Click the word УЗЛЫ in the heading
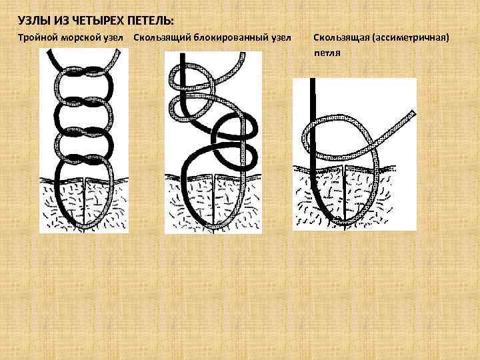pos(34,21)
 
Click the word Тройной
pos(37,38)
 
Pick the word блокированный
pos(231,38)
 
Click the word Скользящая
pos(341,38)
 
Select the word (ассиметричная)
pos(411,38)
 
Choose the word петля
pos(327,53)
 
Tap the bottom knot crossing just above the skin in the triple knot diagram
pos(84,159)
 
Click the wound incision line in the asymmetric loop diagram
pos(345,197)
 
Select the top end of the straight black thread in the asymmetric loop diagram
pos(313,79)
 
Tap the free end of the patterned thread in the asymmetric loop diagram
pos(413,113)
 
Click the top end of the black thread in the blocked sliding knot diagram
pos(183,55)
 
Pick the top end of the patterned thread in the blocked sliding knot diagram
pos(243,54)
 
